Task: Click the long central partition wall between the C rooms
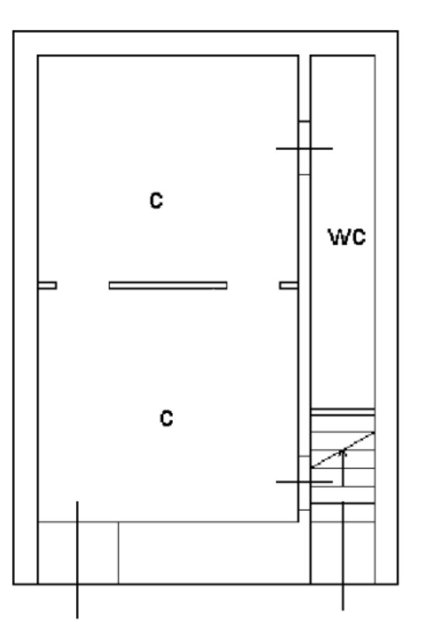167,285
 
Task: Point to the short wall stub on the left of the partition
47,285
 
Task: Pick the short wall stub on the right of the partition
288,285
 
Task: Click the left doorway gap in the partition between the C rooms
83,285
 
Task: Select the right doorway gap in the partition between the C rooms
253,285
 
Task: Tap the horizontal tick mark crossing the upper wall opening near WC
304,149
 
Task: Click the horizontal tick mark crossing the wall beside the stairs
304,481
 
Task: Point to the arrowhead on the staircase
343,452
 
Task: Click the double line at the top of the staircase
342,412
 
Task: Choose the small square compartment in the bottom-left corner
78,553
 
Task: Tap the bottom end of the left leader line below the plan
77,617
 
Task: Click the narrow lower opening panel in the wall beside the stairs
304,482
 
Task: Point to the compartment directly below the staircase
342,553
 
